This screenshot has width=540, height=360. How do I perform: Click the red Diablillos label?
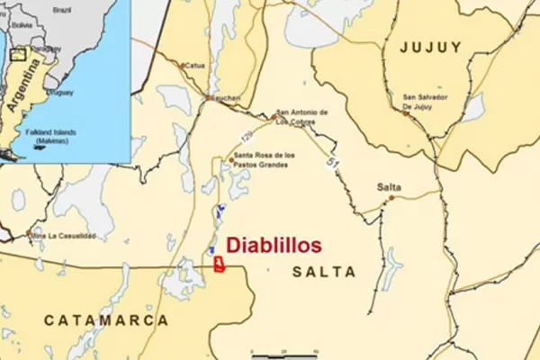click(273, 245)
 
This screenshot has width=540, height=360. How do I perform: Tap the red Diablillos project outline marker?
click(219, 264)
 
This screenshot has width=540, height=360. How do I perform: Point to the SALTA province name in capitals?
click(324, 272)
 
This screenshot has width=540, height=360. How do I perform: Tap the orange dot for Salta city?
click(391, 198)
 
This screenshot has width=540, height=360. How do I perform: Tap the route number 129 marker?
click(247, 136)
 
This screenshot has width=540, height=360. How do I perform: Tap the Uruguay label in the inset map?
click(62, 92)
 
